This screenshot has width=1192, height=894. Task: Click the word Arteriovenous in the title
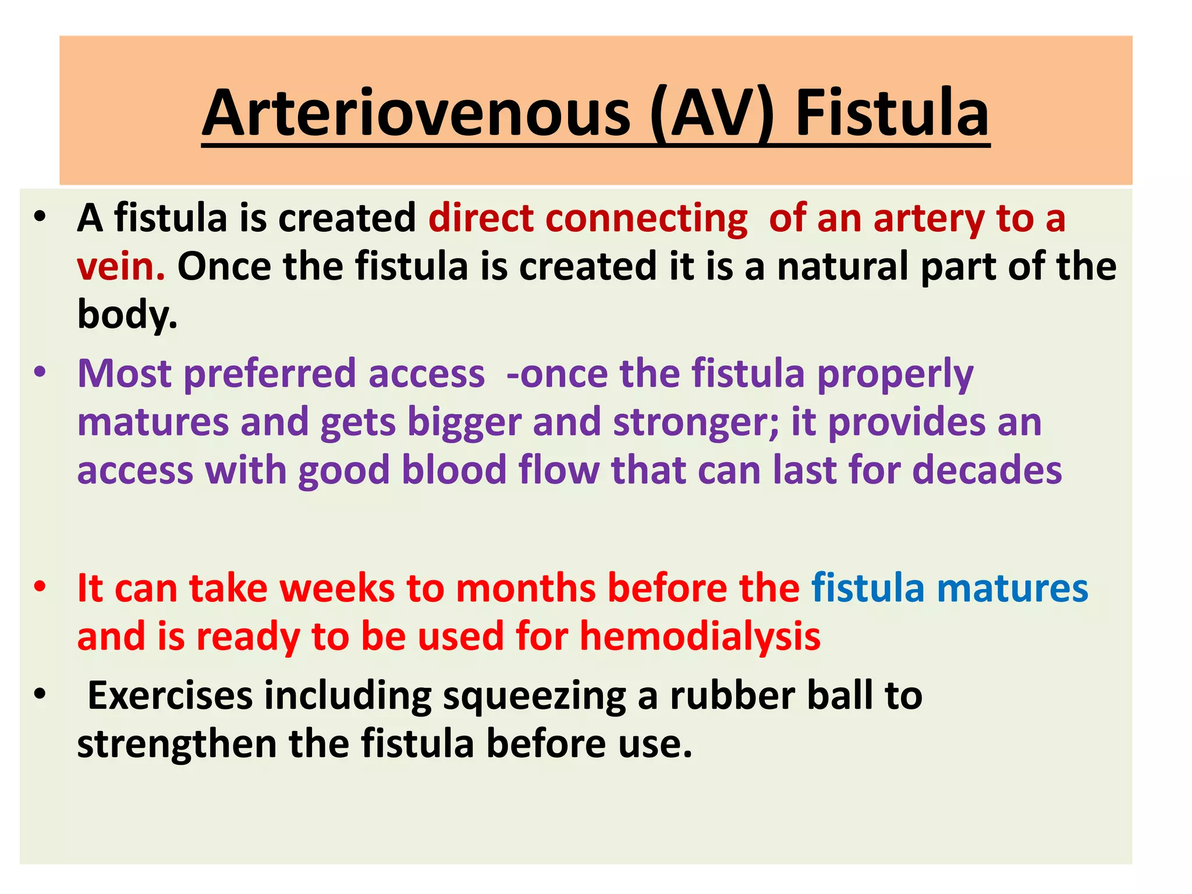(x=416, y=113)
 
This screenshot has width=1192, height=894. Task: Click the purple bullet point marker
(x=39, y=372)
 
